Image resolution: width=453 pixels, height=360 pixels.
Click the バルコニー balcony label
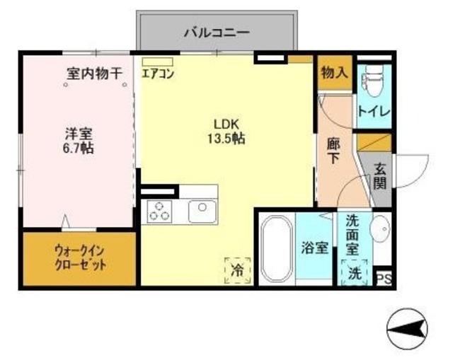(x=217, y=31)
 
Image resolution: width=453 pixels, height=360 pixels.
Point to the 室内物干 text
(x=95, y=73)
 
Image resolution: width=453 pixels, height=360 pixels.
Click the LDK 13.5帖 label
(x=226, y=129)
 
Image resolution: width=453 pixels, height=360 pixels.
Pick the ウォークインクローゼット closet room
(x=79, y=258)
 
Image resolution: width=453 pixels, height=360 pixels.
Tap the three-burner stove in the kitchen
(x=160, y=210)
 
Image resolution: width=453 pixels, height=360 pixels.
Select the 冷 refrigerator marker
(x=237, y=269)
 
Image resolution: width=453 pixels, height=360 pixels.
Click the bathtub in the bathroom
(x=275, y=249)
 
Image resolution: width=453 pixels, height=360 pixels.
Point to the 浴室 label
(x=314, y=249)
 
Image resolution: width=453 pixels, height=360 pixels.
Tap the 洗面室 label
(x=352, y=234)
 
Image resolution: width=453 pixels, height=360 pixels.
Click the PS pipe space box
(x=384, y=278)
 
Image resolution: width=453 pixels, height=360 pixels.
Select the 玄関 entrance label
(x=380, y=176)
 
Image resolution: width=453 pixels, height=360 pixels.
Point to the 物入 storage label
(x=333, y=74)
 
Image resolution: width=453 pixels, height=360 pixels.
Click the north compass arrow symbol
(x=408, y=328)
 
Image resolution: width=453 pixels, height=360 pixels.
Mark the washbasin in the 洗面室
(x=380, y=228)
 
